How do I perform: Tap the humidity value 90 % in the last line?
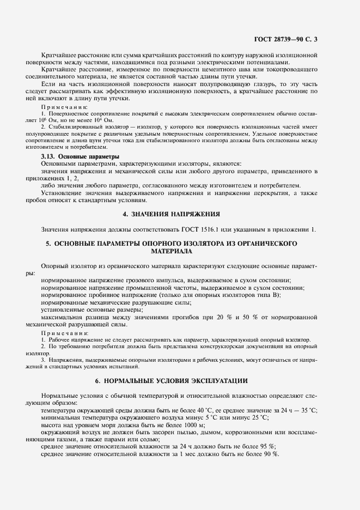point(269,454)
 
